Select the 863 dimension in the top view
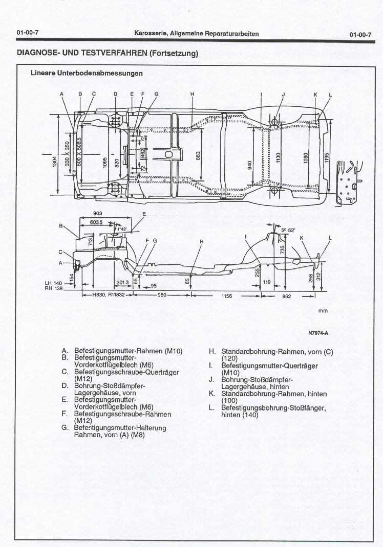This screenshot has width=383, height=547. (198, 154)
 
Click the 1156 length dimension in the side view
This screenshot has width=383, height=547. (226, 295)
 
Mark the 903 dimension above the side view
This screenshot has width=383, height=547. (98, 213)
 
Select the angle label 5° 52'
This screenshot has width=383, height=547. (288, 230)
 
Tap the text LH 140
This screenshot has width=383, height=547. (53, 283)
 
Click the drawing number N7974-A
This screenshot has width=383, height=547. (318, 333)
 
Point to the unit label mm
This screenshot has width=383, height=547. (323, 310)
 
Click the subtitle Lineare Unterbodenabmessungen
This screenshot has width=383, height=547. (87, 73)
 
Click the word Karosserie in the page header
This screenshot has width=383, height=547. (151, 34)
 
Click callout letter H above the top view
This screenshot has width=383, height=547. (192, 94)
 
